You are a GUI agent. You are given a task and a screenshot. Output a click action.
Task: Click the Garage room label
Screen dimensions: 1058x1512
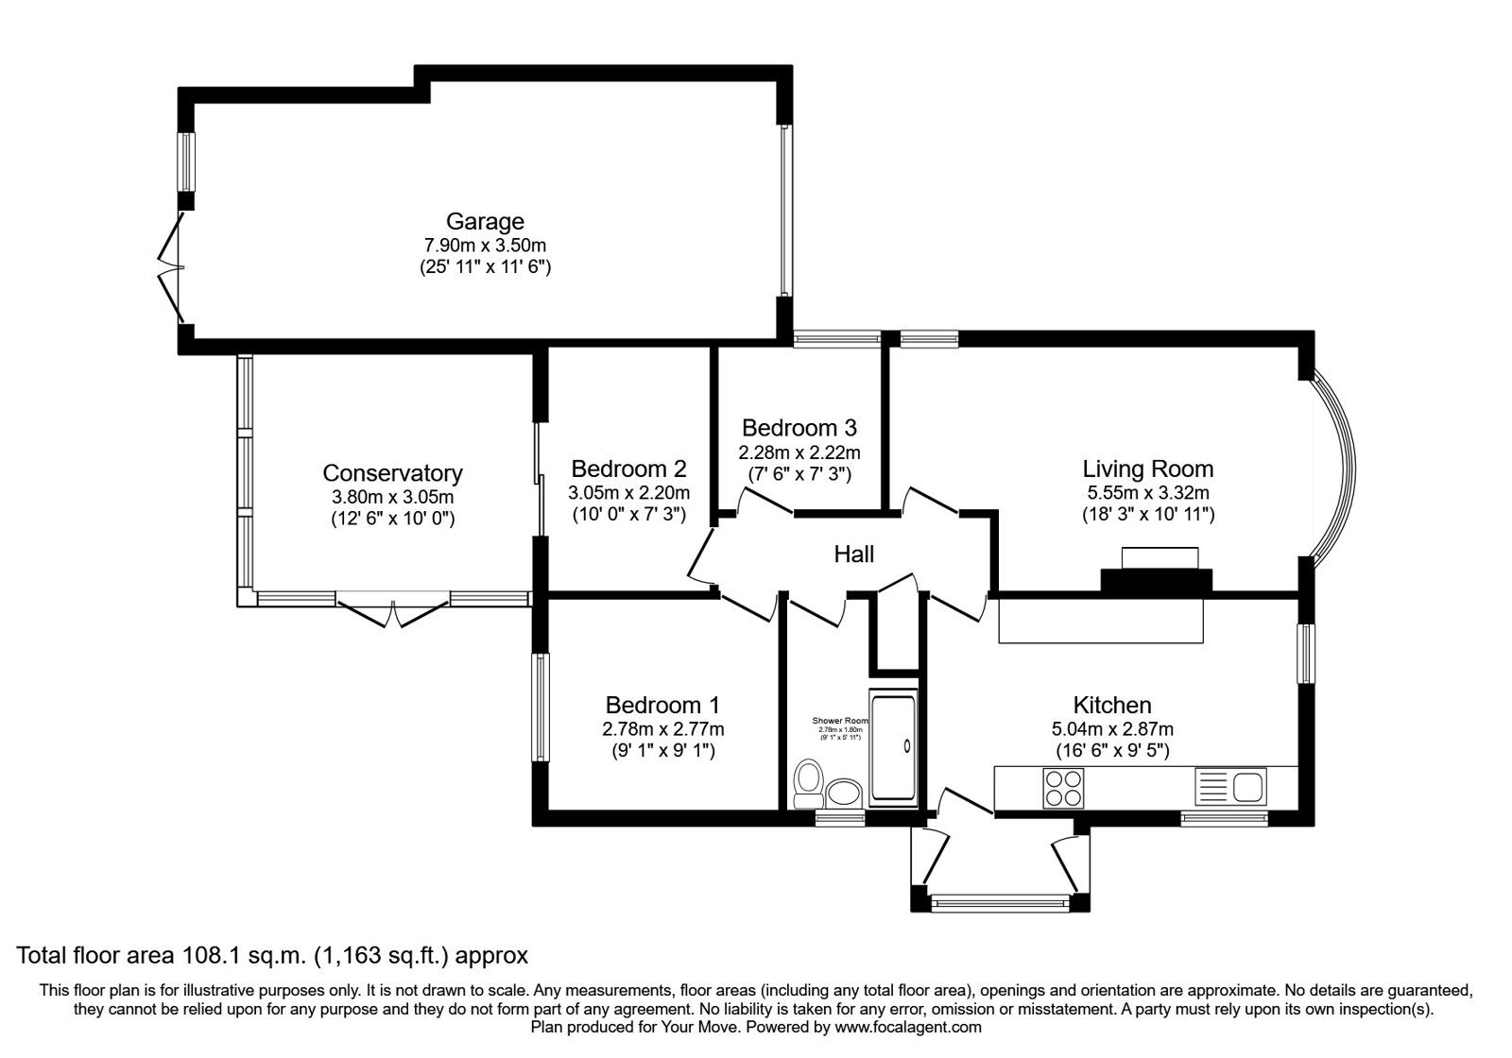click(x=485, y=222)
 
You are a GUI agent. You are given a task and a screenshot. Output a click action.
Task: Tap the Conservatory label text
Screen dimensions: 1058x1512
click(x=392, y=473)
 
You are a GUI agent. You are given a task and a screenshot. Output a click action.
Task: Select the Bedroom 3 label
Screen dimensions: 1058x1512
click(x=799, y=428)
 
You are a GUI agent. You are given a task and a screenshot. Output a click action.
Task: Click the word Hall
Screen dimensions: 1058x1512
click(x=853, y=555)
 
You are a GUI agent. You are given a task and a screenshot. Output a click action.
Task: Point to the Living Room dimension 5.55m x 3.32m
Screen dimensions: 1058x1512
click(x=1148, y=492)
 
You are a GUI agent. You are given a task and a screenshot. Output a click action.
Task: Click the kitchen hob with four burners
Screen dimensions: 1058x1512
click(x=1063, y=788)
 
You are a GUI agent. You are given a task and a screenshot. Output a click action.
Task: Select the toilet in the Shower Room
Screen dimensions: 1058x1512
click(x=807, y=783)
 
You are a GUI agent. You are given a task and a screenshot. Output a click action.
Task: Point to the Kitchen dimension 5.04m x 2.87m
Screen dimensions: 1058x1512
click(x=1112, y=729)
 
